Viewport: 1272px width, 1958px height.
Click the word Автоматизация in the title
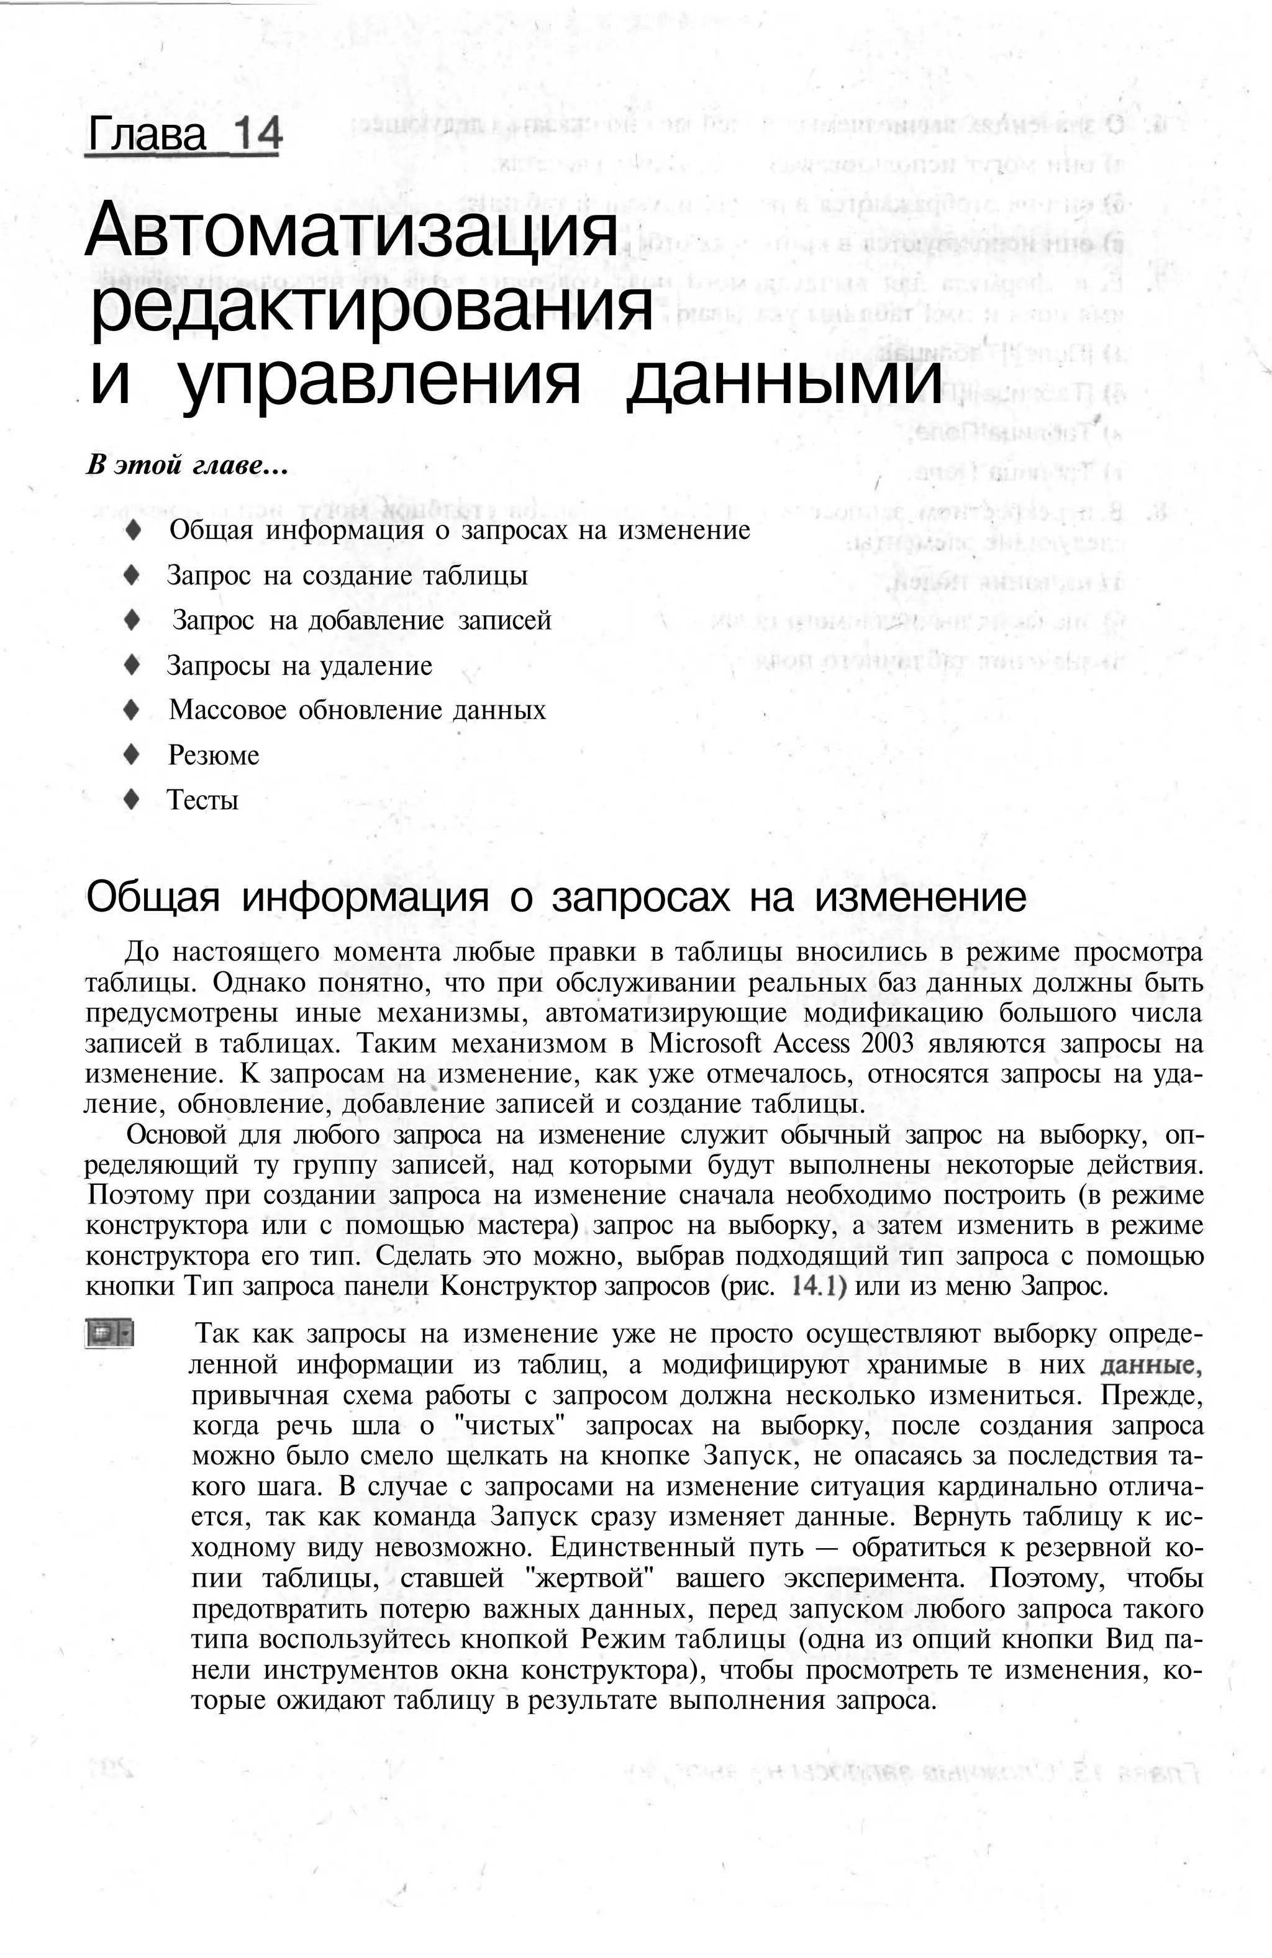(350, 233)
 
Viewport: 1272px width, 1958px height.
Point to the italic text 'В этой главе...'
(187, 466)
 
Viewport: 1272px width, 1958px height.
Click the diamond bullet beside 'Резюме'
(132, 755)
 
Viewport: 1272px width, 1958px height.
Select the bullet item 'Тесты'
(202, 800)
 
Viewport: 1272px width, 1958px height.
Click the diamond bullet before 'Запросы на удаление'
(132, 664)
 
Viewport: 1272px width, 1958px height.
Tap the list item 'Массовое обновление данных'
(357, 710)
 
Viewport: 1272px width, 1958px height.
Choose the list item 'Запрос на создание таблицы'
(347, 575)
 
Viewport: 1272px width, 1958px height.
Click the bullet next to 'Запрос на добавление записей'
(132, 620)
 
